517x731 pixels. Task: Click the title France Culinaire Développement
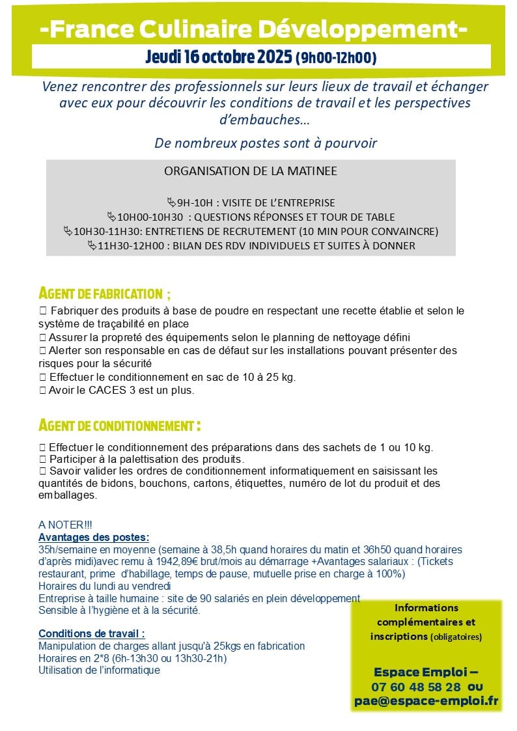click(253, 29)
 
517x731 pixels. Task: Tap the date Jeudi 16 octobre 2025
click(219, 57)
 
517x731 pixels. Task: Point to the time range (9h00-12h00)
click(336, 59)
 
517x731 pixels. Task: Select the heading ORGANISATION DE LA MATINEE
click(251, 171)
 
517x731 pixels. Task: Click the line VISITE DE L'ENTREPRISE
click(277, 202)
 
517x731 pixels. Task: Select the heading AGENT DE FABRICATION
click(100, 293)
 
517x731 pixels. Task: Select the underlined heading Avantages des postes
click(94, 537)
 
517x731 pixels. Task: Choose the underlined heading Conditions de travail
click(91, 633)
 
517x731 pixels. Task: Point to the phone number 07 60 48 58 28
click(416, 686)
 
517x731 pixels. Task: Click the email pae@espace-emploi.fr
click(426, 700)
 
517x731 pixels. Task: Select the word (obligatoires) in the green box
click(456, 637)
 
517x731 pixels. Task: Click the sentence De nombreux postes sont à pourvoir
click(266, 143)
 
